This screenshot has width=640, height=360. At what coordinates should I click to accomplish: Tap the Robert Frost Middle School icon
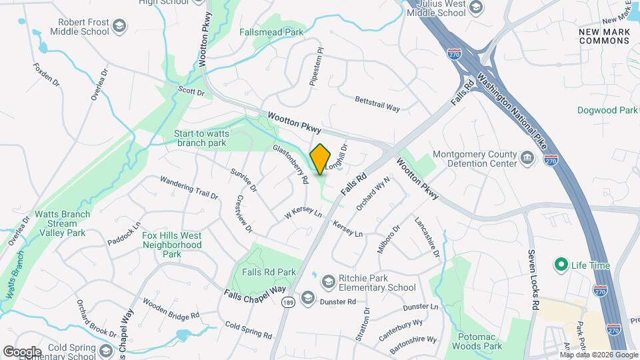pyautogui.click(x=119, y=27)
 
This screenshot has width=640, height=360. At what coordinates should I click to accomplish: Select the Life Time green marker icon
pyautogui.click(x=561, y=265)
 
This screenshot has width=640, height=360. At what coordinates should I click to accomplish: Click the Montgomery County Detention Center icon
pyautogui.click(x=527, y=159)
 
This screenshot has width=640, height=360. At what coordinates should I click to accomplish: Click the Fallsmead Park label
pyautogui.click(x=272, y=32)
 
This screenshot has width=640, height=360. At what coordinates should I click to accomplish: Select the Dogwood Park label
pyautogui.click(x=607, y=110)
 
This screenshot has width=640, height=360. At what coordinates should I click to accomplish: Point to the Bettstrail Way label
pyautogui.click(x=377, y=103)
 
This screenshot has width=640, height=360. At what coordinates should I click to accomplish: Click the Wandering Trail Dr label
pyautogui.click(x=189, y=188)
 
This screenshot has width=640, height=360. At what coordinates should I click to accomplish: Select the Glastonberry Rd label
pyautogui.click(x=291, y=164)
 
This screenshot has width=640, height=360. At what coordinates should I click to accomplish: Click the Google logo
pyautogui.click(x=21, y=351)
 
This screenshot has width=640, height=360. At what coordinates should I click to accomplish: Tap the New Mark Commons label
pyautogui.click(x=604, y=36)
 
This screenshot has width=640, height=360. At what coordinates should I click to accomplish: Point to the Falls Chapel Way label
pyautogui.click(x=255, y=294)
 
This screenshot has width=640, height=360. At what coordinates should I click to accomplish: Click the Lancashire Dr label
pyautogui.click(x=427, y=237)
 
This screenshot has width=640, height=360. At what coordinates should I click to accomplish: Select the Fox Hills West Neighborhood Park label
pyautogui.click(x=172, y=245)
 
